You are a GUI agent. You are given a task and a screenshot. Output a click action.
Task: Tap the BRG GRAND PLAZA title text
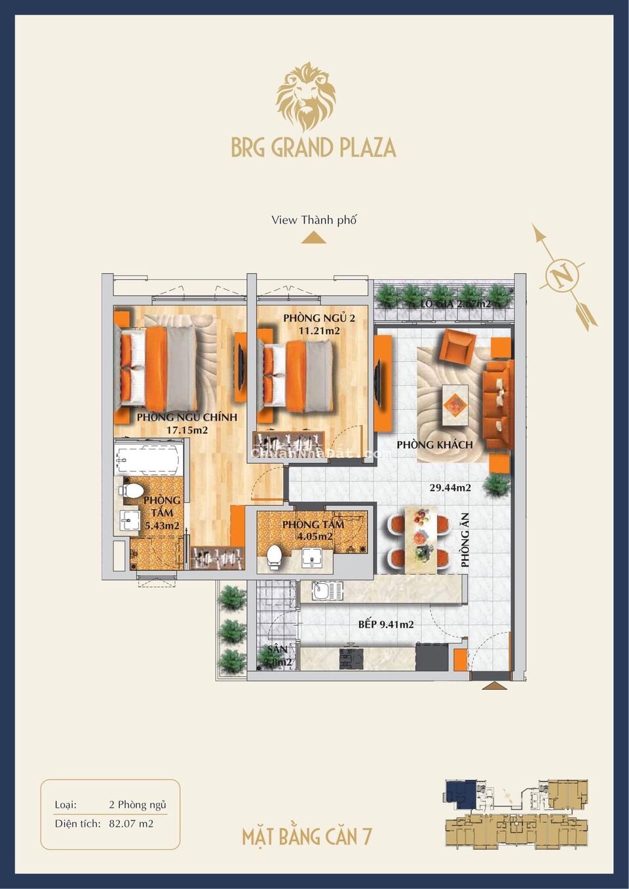point(313,147)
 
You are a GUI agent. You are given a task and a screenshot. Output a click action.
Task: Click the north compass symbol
point(562,276)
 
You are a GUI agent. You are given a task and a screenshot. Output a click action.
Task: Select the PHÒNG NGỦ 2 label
point(319,318)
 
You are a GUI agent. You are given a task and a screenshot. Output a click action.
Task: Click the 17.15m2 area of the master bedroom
point(187,430)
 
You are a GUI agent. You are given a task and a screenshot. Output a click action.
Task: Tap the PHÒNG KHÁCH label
point(434,445)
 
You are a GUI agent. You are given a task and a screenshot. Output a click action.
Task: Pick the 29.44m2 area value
point(450,487)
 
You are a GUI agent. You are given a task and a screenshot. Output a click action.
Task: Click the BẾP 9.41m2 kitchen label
point(386,624)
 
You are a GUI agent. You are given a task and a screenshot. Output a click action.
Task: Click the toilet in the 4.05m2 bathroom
point(274,557)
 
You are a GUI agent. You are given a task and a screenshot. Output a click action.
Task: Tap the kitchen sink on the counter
point(328,591)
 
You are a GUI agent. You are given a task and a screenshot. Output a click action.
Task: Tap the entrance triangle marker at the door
point(495,685)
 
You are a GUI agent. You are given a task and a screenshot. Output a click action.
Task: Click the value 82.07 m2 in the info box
point(131,823)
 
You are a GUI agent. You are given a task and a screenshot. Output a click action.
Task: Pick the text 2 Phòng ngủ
point(138,804)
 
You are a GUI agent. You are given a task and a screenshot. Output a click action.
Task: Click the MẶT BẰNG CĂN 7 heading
point(307,837)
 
